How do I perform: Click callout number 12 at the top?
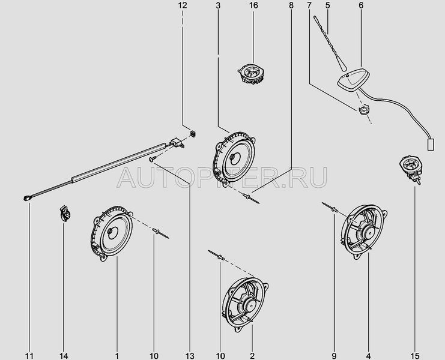[183, 5]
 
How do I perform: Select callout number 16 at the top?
[253, 5]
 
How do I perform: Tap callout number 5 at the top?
[328, 5]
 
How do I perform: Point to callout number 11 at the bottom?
[29, 356]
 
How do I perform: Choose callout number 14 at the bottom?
[64, 356]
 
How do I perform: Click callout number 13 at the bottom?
[190, 356]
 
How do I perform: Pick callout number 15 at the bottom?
[414, 356]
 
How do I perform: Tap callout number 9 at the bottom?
[334, 356]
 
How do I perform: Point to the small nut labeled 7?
[363, 109]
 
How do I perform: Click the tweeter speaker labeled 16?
[251, 73]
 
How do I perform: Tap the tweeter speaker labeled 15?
[411, 170]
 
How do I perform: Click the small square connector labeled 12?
[193, 133]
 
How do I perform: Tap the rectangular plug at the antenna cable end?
[431, 144]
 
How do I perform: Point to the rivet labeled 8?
[251, 198]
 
